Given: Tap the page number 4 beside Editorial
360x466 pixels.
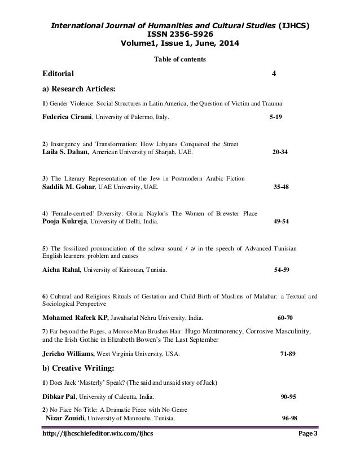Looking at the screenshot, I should click(274, 73).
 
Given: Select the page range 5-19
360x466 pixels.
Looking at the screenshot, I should click(274, 118).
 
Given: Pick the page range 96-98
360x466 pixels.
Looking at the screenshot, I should click(289, 419).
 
